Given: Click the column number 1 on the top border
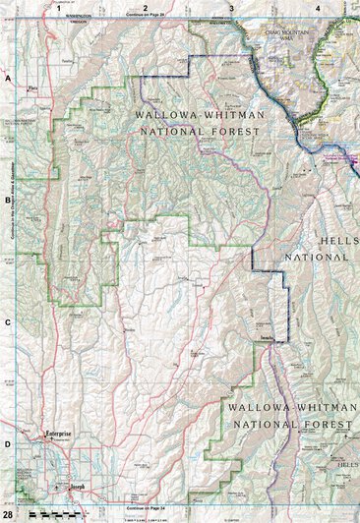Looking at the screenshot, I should point(59,8).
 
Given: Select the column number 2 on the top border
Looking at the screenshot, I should point(145,8).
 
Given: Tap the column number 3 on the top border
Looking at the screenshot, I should point(231,8).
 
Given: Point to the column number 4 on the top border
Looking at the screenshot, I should point(317,8).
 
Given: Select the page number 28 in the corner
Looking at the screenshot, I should point(8,515).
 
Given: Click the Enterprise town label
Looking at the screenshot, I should point(60,434).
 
